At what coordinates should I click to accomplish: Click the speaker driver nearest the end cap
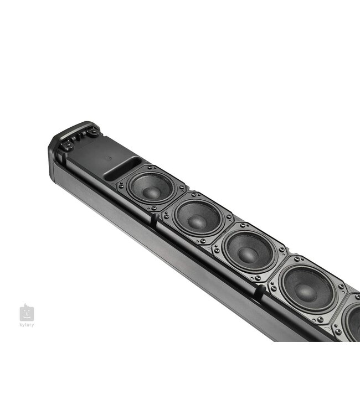(150, 188)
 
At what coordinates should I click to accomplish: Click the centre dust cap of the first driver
(150, 190)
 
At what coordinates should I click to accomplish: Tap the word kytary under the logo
(27, 325)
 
